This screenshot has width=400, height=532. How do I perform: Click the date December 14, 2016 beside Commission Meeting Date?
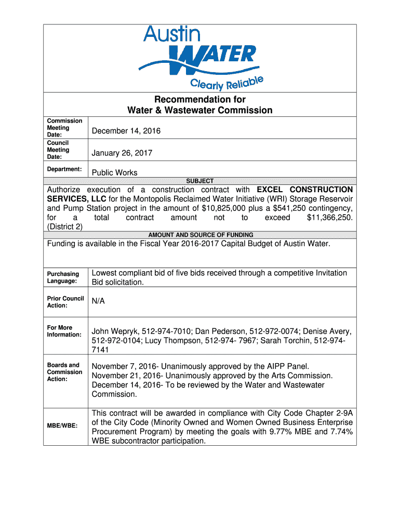(126, 131)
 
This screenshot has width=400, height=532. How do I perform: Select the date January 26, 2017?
(122, 153)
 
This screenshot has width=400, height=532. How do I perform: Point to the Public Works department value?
(115, 172)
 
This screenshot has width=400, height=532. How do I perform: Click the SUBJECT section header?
(200, 181)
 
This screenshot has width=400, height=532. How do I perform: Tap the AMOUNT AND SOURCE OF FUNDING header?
(201, 235)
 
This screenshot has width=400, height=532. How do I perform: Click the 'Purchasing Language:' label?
(63, 277)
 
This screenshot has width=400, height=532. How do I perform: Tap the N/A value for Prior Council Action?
(99, 301)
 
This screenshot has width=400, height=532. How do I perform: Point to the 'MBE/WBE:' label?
(62, 426)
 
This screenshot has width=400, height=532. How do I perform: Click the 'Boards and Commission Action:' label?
(64, 372)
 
